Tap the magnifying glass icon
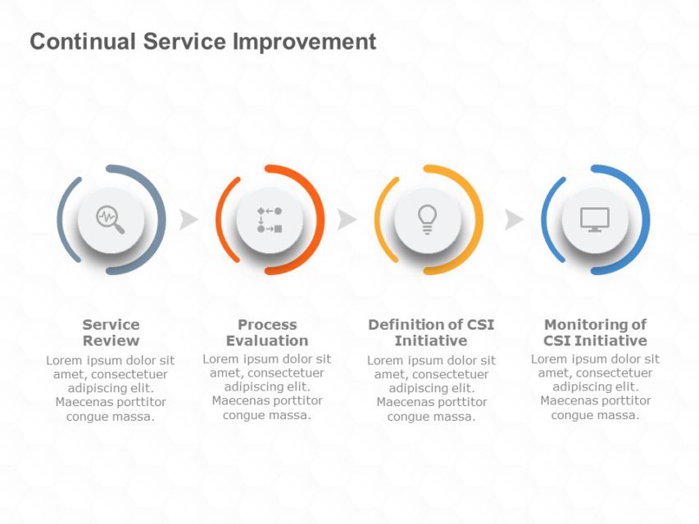pos(111,219)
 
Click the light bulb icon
pos(427,219)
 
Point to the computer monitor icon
pos(595,219)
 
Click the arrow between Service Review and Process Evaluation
pos(188,219)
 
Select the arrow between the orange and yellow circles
pos(347,219)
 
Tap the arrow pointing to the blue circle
pos(514,219)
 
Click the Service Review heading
pos(111,332)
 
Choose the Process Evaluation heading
pos(267,332)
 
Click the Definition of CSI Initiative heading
pos(431,332)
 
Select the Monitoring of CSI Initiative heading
pos(595,332)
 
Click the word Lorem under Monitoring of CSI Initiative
pos(548,359)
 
